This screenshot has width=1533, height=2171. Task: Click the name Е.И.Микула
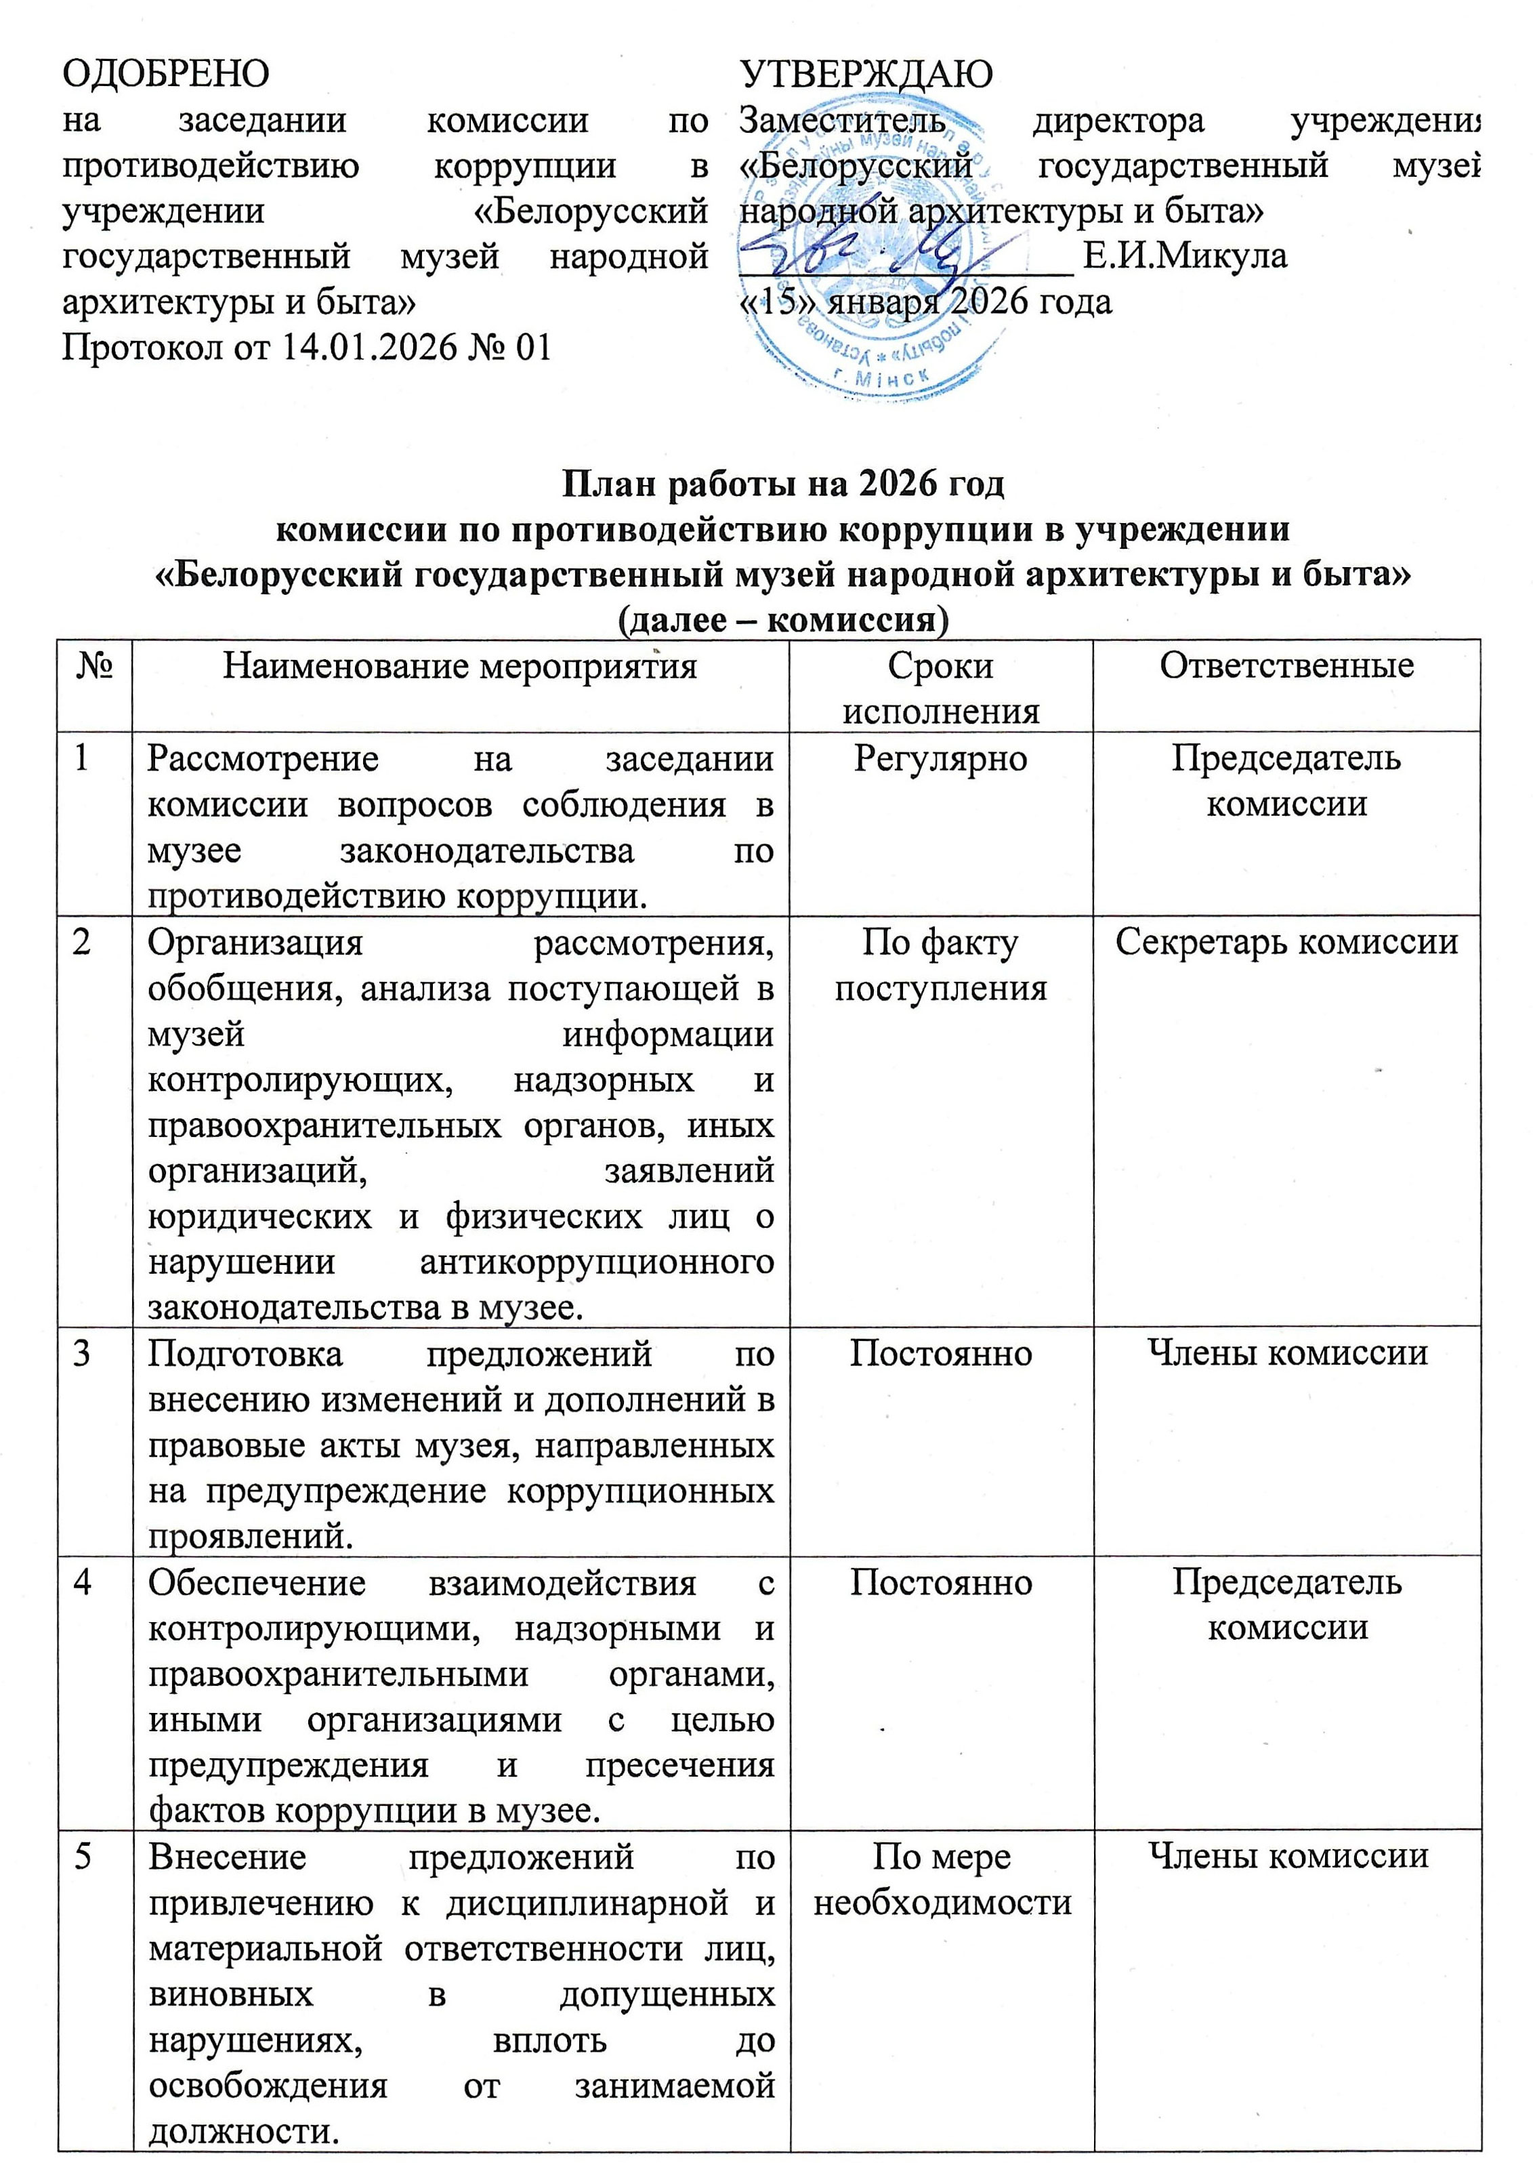[x=1184, y=256]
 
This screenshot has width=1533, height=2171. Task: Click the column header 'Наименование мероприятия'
[x=460, y=667]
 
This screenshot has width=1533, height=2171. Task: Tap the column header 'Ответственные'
[x=1286, y=667]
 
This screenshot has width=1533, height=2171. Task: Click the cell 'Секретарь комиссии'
[x=1286, y=942]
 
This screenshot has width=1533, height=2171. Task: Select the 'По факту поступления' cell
[x=940, y=964]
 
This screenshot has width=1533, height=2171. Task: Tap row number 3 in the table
[x=82, y=1353]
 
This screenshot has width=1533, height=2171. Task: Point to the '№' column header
[x=93, y=667]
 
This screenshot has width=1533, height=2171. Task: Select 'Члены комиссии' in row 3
[x=1286, y=1353]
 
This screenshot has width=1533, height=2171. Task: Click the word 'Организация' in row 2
[x=256, y=943]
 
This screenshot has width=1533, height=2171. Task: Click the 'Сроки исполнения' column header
[x=940, y=688]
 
